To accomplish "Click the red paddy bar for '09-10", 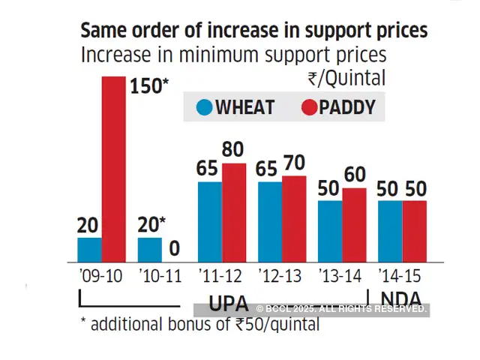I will click(x=113, y=168).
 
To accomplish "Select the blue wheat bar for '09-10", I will click(x=89, y=249).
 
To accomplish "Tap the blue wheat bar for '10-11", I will click(x=150, y=249).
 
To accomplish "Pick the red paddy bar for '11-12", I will click(x=234, y=212).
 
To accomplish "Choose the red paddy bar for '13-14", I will click(x=354, y=224).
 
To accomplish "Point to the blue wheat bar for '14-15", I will click(x=390, y=230).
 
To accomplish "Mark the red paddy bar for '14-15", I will click(x=414, y=230).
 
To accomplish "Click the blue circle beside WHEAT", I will click(x=204, y=107).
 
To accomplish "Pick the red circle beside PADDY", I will click(x=309, y=107).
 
